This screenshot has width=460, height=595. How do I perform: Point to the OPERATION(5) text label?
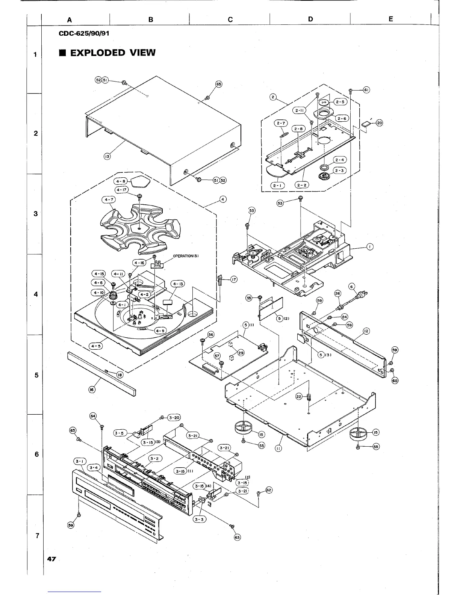188,256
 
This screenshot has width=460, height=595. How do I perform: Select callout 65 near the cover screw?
218,84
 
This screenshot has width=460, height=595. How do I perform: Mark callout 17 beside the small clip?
234,279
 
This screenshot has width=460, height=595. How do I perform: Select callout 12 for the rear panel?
366,331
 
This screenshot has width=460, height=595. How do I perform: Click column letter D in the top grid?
310,19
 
